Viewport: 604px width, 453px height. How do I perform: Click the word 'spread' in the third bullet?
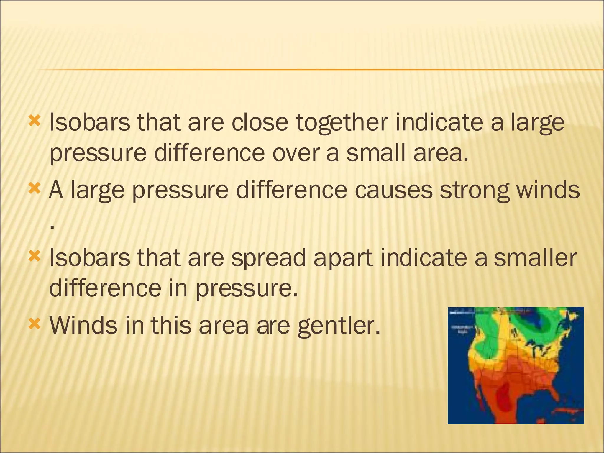(x=268, y=257)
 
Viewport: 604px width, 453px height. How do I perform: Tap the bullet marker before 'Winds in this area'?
(x=34, y=325)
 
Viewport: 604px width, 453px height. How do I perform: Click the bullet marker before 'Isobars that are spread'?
(x=34, y=255)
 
